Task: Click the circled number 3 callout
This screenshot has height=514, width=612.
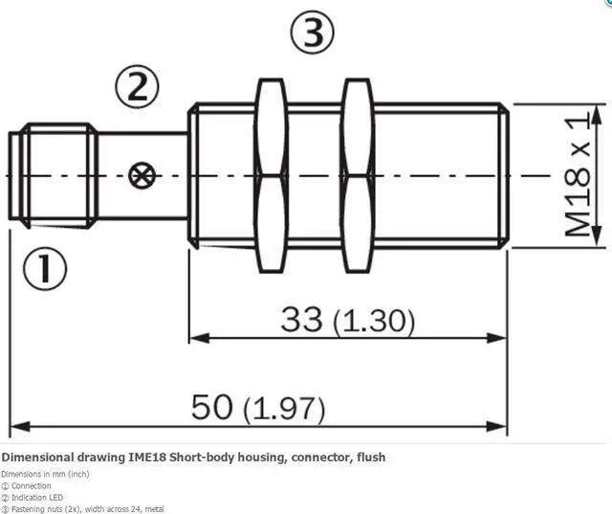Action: (313, 33)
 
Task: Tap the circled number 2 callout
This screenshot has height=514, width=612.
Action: (137, 87)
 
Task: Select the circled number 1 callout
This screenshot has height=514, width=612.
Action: (45, 268)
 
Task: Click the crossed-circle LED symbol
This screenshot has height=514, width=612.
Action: (142, 175)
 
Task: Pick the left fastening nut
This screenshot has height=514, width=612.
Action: (271, 175)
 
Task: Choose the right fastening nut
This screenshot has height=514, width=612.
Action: (357, 175)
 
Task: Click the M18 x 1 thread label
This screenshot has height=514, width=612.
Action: (578, 174)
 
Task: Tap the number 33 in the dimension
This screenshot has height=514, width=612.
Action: (302, 319)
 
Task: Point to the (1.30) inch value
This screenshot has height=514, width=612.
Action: (374, 322)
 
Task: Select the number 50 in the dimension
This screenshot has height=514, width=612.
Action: (212, 407)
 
